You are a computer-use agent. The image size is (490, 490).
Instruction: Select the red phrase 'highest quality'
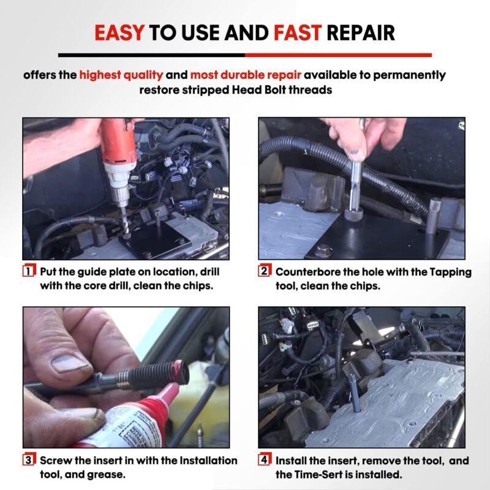(121, 75)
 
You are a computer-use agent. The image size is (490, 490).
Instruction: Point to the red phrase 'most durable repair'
(245, 75)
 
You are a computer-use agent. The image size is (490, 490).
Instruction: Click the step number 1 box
(29, 271)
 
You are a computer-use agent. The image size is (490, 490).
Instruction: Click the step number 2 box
(265, 271)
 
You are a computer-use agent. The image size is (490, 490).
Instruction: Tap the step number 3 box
(29, 460)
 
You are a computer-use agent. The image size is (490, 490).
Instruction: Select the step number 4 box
(265, 460)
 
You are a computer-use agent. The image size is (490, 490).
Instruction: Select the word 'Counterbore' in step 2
(306, 271)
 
